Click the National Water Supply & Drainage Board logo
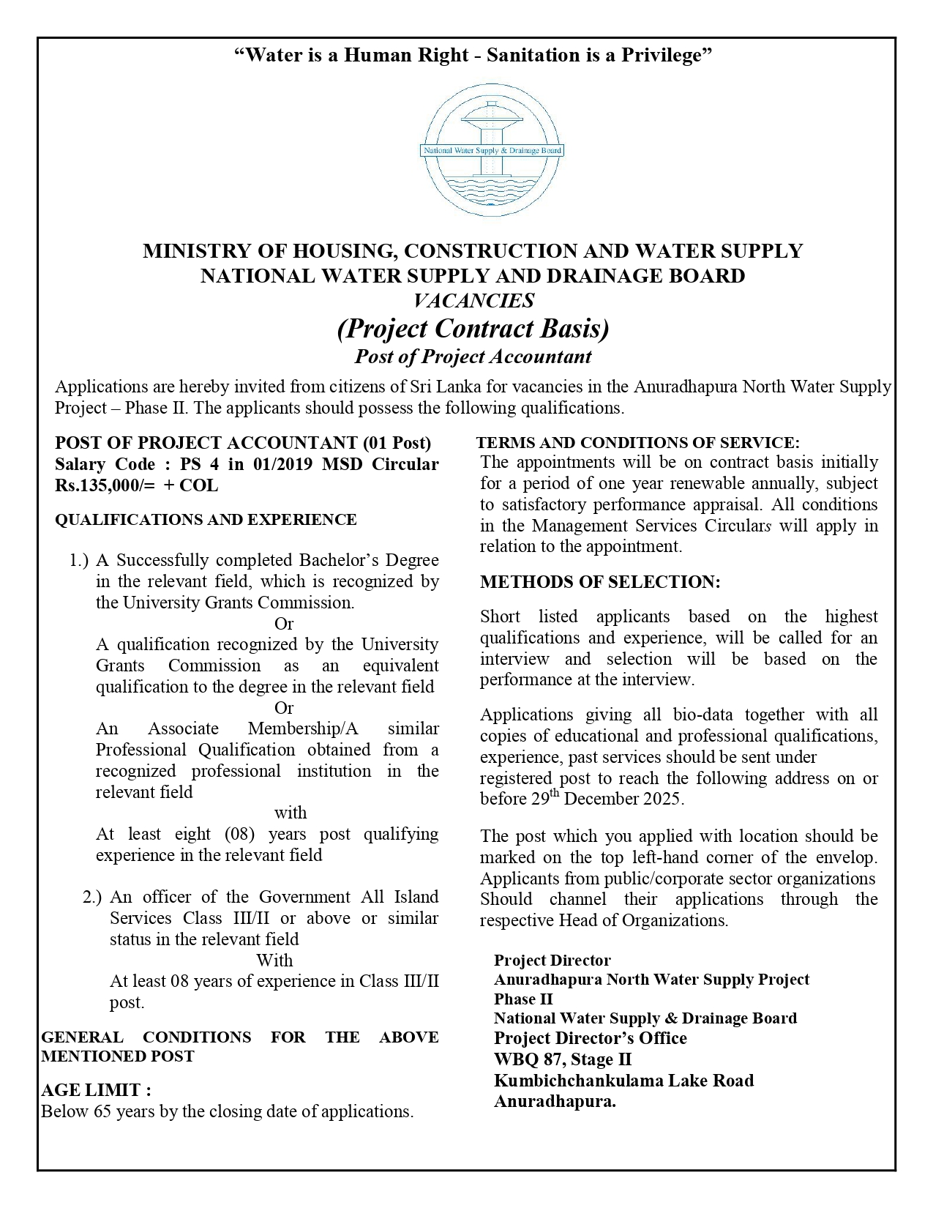pos(491,150)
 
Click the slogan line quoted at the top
pos(472,55)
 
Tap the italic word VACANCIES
pos(473,300)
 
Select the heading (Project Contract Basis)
pos(473,329)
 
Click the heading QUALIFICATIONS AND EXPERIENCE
pos(206,520)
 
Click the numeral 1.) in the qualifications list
pos(79,561)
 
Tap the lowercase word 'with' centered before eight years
pos(291,813)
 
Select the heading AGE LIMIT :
pos(96,1090)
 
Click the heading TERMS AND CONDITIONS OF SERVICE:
pos(637,443)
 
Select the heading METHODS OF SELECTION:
pos(600,582)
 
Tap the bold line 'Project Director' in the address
pos(552,960)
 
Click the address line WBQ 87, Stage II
pos(562,1059)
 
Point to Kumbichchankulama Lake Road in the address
pos(623,1081)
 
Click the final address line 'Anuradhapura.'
pos(554,1101)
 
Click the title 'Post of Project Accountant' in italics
pos(473,357)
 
